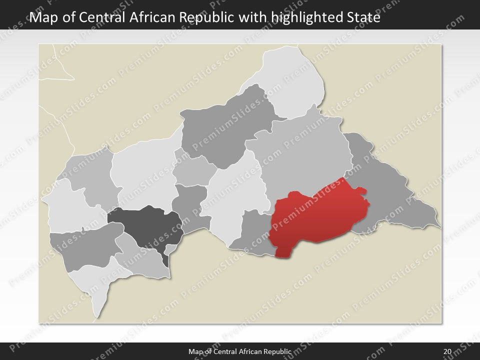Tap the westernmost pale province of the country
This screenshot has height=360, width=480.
coord(67,205)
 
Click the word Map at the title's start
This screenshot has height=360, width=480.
coord(42,18)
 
